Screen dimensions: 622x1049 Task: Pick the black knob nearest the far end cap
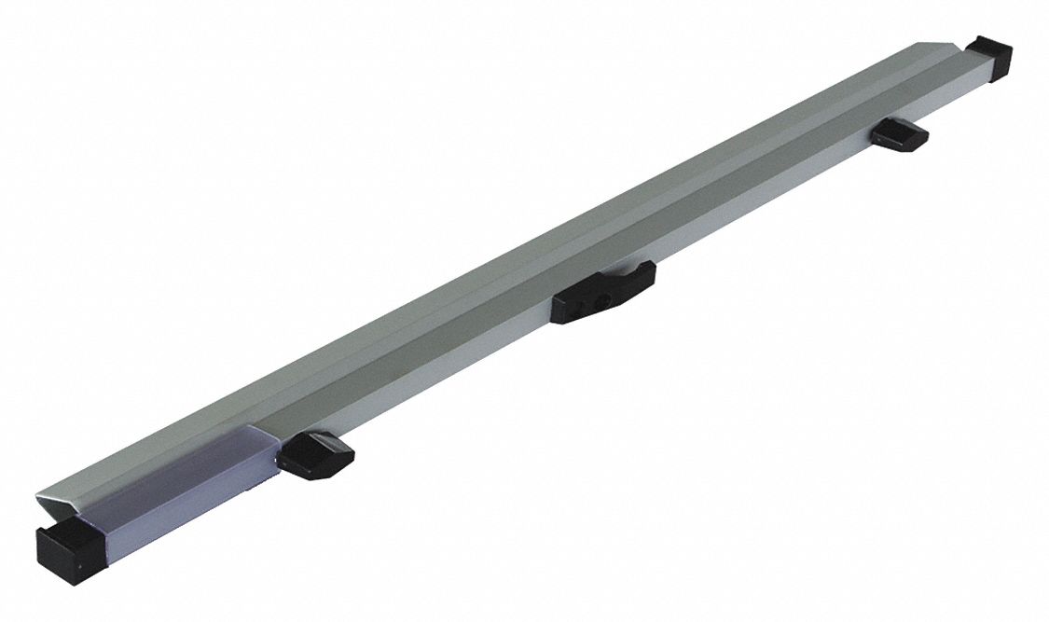tap(901, 135)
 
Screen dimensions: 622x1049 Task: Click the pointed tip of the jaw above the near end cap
tap(40, 493)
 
